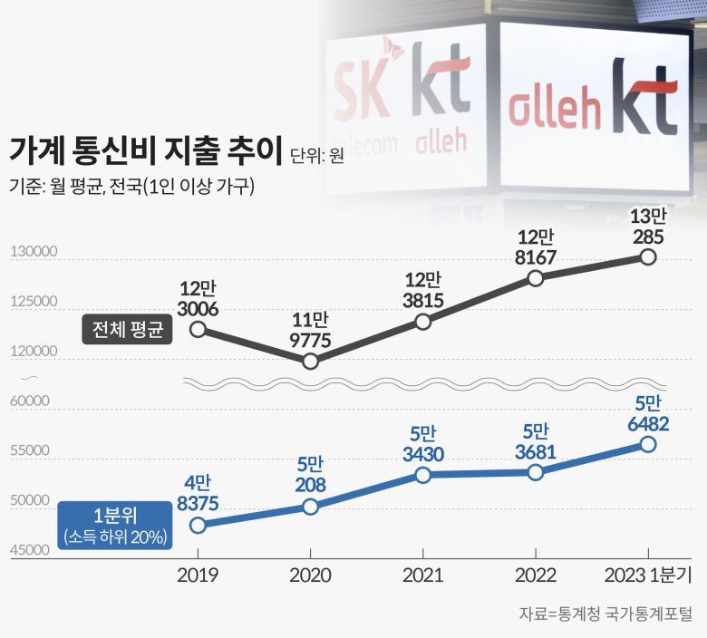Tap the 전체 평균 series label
(x=127, y=329)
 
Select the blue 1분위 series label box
(x=114, y=526)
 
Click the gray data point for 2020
(x=310, y=361)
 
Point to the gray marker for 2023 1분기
(x=647, y=256)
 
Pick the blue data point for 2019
(x=198, y=525)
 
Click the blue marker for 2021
(x=422, y=475)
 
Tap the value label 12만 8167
(x=535, y=246)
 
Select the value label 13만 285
(x=647, y=227)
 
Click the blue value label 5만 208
(x=310, y=474)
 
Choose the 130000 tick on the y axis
(x=33, y=252)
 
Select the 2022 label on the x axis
(x=535, y=575)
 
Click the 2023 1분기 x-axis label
(x=647, y=575)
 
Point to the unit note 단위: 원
(x=316, y=155)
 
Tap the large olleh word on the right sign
(x=555, y=110)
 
